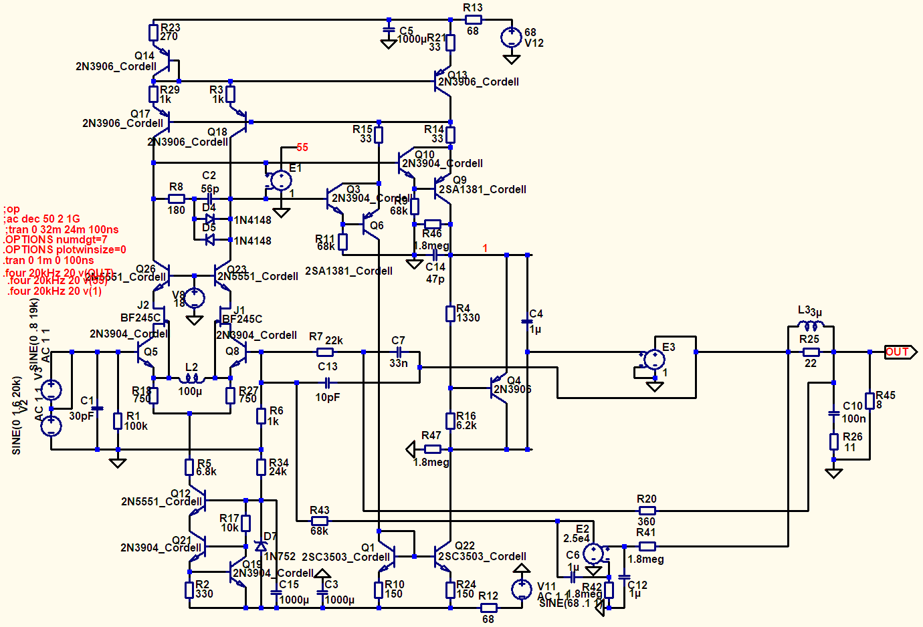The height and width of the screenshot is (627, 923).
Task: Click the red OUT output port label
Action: click(x=898, y=352)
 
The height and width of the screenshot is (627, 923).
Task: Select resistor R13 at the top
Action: click(x=473, y=20)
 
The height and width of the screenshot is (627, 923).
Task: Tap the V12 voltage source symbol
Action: click(x=512, y=37)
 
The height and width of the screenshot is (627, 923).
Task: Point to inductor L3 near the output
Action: click(x=811, y=326)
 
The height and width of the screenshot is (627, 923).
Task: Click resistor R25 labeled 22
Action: click(x=811, y=352)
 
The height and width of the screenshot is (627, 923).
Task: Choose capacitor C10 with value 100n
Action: click(x=834, y=413)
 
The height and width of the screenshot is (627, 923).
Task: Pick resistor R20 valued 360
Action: click(x=647, y=511)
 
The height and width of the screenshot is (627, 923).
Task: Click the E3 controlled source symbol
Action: click(x=654, y=360)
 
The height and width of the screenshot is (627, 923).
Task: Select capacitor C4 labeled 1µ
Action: click(x=527, y=322)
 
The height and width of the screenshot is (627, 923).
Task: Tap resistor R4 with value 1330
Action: click(x=450, y=313)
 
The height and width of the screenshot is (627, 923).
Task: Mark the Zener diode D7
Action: click(x=261, y=546)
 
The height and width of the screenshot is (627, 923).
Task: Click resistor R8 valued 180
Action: click(x=176, y=199)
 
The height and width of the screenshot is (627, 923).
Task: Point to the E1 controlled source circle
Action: click(x=281, y=180)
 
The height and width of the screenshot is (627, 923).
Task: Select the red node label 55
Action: click(x=302, y=147)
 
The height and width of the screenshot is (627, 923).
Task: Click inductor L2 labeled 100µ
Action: click(x=191, y=379)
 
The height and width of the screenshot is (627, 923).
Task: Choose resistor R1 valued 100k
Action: click(x=118, y=421)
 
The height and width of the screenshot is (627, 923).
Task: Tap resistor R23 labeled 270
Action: click(x=154, y=32)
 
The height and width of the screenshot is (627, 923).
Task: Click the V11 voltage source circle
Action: click(x=522, y=590)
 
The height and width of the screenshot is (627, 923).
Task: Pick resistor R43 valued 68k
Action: click(x=319, y=521)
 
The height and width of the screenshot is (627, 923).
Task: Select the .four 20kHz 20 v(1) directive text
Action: click(x=54, y=291)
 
